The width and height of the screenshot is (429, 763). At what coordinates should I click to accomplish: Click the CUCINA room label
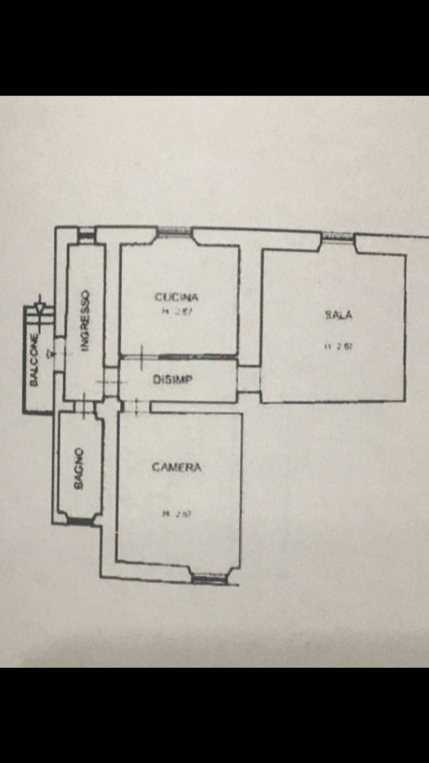(x=176, y=297)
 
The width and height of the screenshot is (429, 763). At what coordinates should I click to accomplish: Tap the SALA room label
(x=338, y=314)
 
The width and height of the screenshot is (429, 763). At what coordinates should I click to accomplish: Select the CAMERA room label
(x=176, y=467)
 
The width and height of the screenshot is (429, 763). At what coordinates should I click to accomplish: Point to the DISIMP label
(x=172, y=380)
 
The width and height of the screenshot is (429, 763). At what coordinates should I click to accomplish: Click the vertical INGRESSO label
(x=85, y=320)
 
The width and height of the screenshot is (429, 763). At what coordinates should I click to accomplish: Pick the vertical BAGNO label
(x=79, y=468)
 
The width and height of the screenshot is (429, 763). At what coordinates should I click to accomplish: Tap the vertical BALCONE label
(x=34, y=360)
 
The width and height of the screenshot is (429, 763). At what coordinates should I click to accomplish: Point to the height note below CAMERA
(x=172, y=513)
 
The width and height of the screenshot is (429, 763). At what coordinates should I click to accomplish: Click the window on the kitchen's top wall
(x=175, y=232)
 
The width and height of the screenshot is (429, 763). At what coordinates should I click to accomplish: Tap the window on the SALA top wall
(x=338, y=236)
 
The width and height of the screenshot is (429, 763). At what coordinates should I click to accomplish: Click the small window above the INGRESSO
(x=86, y=233)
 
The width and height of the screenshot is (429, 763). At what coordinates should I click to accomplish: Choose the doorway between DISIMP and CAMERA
(x=135, y=406)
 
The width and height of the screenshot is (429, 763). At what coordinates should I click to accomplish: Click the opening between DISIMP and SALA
(x=249, y=380)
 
